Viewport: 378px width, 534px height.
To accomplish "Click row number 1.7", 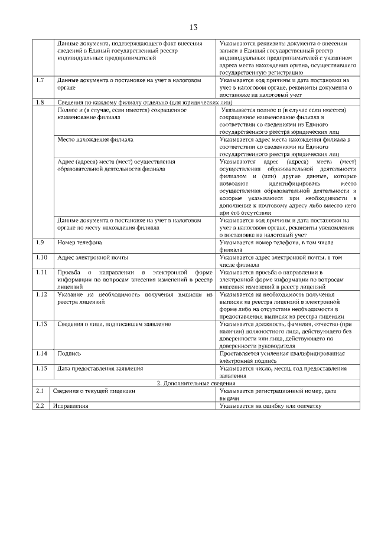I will pos(40,80).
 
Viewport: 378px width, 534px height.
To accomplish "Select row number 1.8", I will pos(40,102).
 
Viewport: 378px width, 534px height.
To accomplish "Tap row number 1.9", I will pos(40,243).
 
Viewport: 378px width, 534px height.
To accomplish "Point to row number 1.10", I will pos(41,257).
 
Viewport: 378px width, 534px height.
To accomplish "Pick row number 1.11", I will pos(41,272).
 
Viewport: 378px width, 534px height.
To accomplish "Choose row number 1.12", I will pos(41,294).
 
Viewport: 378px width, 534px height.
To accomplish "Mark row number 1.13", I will pos(41,324).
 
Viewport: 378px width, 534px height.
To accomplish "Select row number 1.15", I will pos(41,368).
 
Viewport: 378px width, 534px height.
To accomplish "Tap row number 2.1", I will pos(39,391).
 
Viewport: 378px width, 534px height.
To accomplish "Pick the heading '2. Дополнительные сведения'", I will pos(195,383).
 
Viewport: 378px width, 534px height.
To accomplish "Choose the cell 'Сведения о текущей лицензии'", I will pos(94,391).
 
